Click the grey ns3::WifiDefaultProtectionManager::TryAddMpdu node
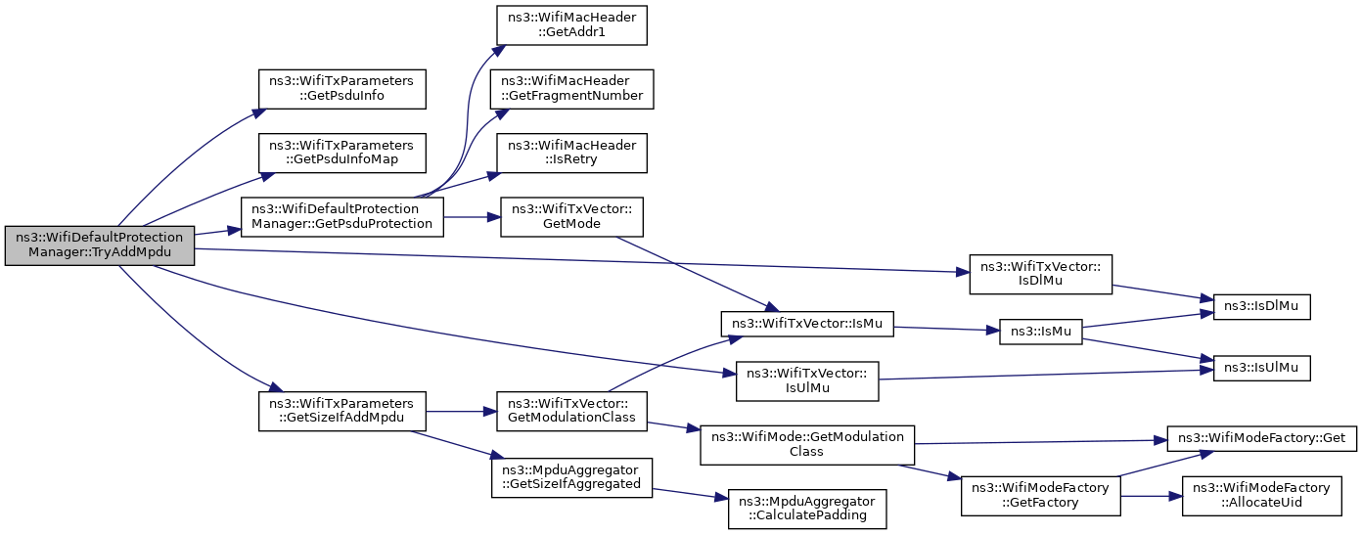(100, 245)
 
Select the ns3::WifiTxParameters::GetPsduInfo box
(341, 89)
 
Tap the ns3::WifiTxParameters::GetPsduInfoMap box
(341, 154)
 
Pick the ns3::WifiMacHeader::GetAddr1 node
(571, 24)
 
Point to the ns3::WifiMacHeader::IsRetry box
(571, 154)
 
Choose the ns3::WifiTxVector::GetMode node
(571, 217)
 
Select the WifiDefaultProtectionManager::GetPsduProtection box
(341, 217)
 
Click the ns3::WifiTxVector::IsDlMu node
(1040, 274)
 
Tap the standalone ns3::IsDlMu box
(1261, 306)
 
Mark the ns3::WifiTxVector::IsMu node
(807, 324)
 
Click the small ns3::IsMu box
(1040, 332)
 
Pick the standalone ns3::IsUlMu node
(1261, 369)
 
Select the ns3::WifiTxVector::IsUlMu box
(807, 381)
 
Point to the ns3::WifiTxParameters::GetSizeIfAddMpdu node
(341, 412)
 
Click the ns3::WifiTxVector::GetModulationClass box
(571, 412)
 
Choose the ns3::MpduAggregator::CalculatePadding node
(807, 509)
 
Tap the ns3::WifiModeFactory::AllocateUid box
(1261, 496)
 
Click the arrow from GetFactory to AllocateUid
(1151, 496)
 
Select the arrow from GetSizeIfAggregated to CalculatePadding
(690, 494)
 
